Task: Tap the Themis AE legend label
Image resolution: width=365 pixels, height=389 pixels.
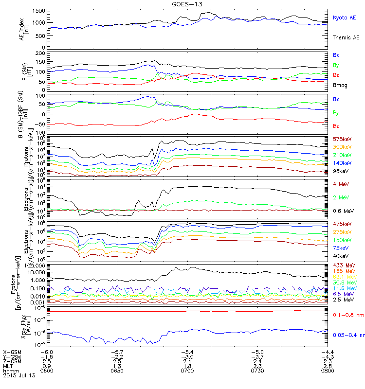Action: (x=346, y=37)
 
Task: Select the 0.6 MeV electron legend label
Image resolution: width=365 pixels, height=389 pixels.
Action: (x=343, y=211)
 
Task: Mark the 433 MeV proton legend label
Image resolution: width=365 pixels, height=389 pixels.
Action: (x=342, y=265)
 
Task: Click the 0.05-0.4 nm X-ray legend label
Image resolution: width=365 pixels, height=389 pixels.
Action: (x=347, y=335)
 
